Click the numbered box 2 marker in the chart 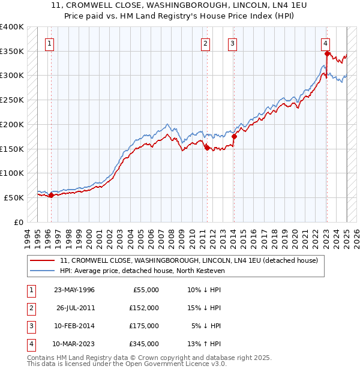(205, 43)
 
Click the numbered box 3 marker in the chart (232, 43)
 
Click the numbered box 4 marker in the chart (325, 43)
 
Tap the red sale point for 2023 (327, 53)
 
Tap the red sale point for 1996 (51, 195)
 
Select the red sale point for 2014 (234, 136)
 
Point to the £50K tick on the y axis (14, 197)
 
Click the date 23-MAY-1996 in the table (74, 290)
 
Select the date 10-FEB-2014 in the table (74, 326)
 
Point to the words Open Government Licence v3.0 (176, 364)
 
